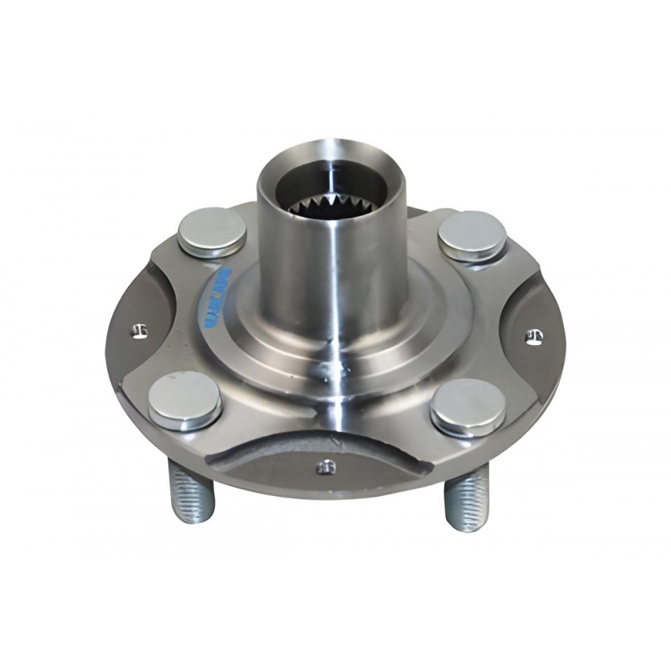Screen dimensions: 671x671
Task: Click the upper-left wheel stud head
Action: (x=211, y=228)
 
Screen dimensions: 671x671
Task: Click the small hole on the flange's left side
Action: (x=139, y=331)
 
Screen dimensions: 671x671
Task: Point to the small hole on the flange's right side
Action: (x=534, y=337)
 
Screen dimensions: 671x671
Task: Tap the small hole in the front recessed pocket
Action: (x=326, y=466)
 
